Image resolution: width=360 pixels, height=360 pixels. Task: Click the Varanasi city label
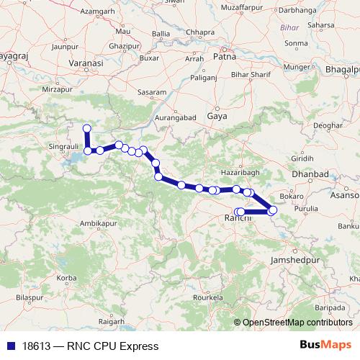point(83,63)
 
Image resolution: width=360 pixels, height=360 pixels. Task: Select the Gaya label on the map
point(216,115)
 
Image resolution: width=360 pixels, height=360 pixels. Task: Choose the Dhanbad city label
point(310,175)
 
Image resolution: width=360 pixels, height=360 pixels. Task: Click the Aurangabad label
point(176,116)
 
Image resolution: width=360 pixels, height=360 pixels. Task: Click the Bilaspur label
point(30,297)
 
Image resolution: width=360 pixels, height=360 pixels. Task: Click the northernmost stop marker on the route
point(87,129)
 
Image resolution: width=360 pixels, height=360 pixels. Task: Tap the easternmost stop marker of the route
point(273,210)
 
